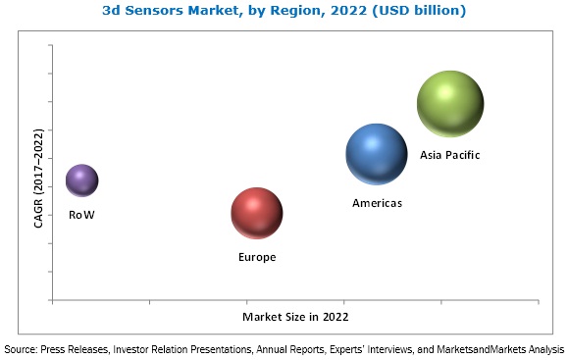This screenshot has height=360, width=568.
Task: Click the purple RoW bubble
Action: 81,180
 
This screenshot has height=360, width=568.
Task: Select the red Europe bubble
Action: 257,213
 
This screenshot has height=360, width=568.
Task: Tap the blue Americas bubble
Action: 377,154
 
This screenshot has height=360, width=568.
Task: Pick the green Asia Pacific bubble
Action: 450,103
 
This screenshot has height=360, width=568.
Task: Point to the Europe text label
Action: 257,257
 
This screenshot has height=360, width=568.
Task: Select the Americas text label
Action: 378,203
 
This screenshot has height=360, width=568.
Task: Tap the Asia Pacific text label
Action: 450,155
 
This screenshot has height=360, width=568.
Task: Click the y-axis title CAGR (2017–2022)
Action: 38,178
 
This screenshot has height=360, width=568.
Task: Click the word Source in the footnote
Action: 21,348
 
